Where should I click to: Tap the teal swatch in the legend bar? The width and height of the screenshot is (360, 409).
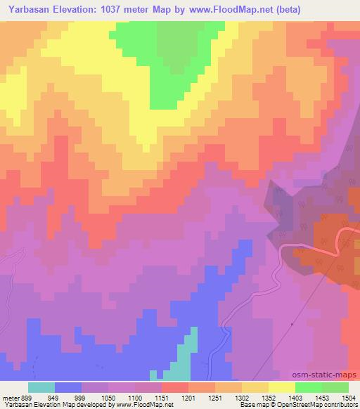click(x=41, y=387)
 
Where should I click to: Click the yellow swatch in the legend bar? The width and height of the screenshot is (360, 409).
click(x=282, y=387)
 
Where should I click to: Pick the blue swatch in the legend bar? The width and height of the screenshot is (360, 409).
click(x=68, y=387)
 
